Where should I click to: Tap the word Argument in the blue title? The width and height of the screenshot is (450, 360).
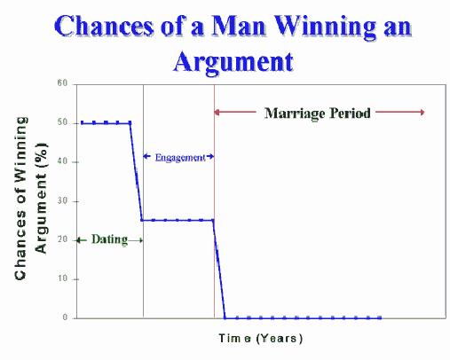pos(233,61)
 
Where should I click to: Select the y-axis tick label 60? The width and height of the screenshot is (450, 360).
pos(62,83)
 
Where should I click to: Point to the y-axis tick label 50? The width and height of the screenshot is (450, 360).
pos(62,122)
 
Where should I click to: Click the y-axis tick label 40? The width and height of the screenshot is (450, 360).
pos(62,161)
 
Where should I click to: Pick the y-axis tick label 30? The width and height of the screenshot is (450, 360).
pos(62,201)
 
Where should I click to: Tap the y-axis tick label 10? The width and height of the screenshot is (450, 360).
pos(62,278)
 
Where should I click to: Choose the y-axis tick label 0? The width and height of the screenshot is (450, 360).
pos(65,317)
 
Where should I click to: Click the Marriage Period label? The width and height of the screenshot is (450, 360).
pos(318,113)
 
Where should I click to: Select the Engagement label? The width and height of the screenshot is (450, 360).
pos(180,158)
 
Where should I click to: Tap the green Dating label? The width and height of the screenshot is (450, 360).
pos(109,239)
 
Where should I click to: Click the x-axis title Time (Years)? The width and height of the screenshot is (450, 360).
pos(261,338)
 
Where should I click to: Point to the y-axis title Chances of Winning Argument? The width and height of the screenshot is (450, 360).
pos(30,198)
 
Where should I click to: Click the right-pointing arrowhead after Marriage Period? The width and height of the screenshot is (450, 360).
pos(422,112)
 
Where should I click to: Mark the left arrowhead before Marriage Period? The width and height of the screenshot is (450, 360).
pos(217,113)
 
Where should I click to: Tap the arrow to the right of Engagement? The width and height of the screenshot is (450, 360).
pos(209,156)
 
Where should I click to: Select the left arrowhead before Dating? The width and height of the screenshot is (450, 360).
pos(79,240)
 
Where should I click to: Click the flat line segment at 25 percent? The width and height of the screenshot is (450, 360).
pos(178,220)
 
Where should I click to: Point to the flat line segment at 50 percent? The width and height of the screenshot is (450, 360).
pos(106,122)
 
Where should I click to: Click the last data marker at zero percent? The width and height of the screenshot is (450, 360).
pos(380,318)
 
